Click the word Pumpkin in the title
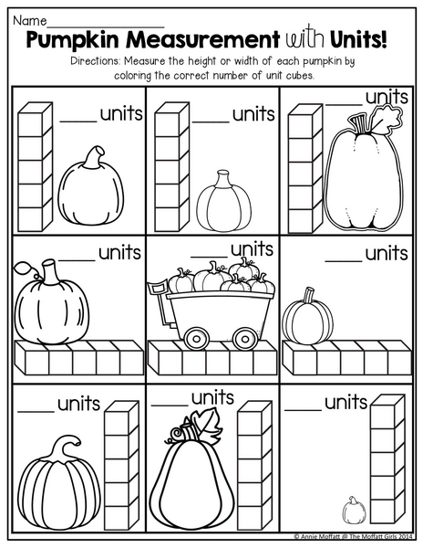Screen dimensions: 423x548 (73, 40)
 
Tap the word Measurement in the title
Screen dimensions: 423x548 (203, 39)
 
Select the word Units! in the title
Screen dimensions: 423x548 (358, 39)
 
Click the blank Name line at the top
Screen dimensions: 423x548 (106, 26)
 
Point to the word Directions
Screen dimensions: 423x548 (95, 61)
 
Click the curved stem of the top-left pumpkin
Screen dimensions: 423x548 (95, 158)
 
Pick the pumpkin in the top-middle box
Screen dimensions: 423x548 (223, 201)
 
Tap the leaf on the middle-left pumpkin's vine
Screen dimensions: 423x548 (22, 268)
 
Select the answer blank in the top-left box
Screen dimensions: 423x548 (78, 121)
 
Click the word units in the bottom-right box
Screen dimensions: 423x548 (346, 403)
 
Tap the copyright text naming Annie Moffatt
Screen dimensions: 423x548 (353, 536)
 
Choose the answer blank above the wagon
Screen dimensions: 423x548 (210, 257)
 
